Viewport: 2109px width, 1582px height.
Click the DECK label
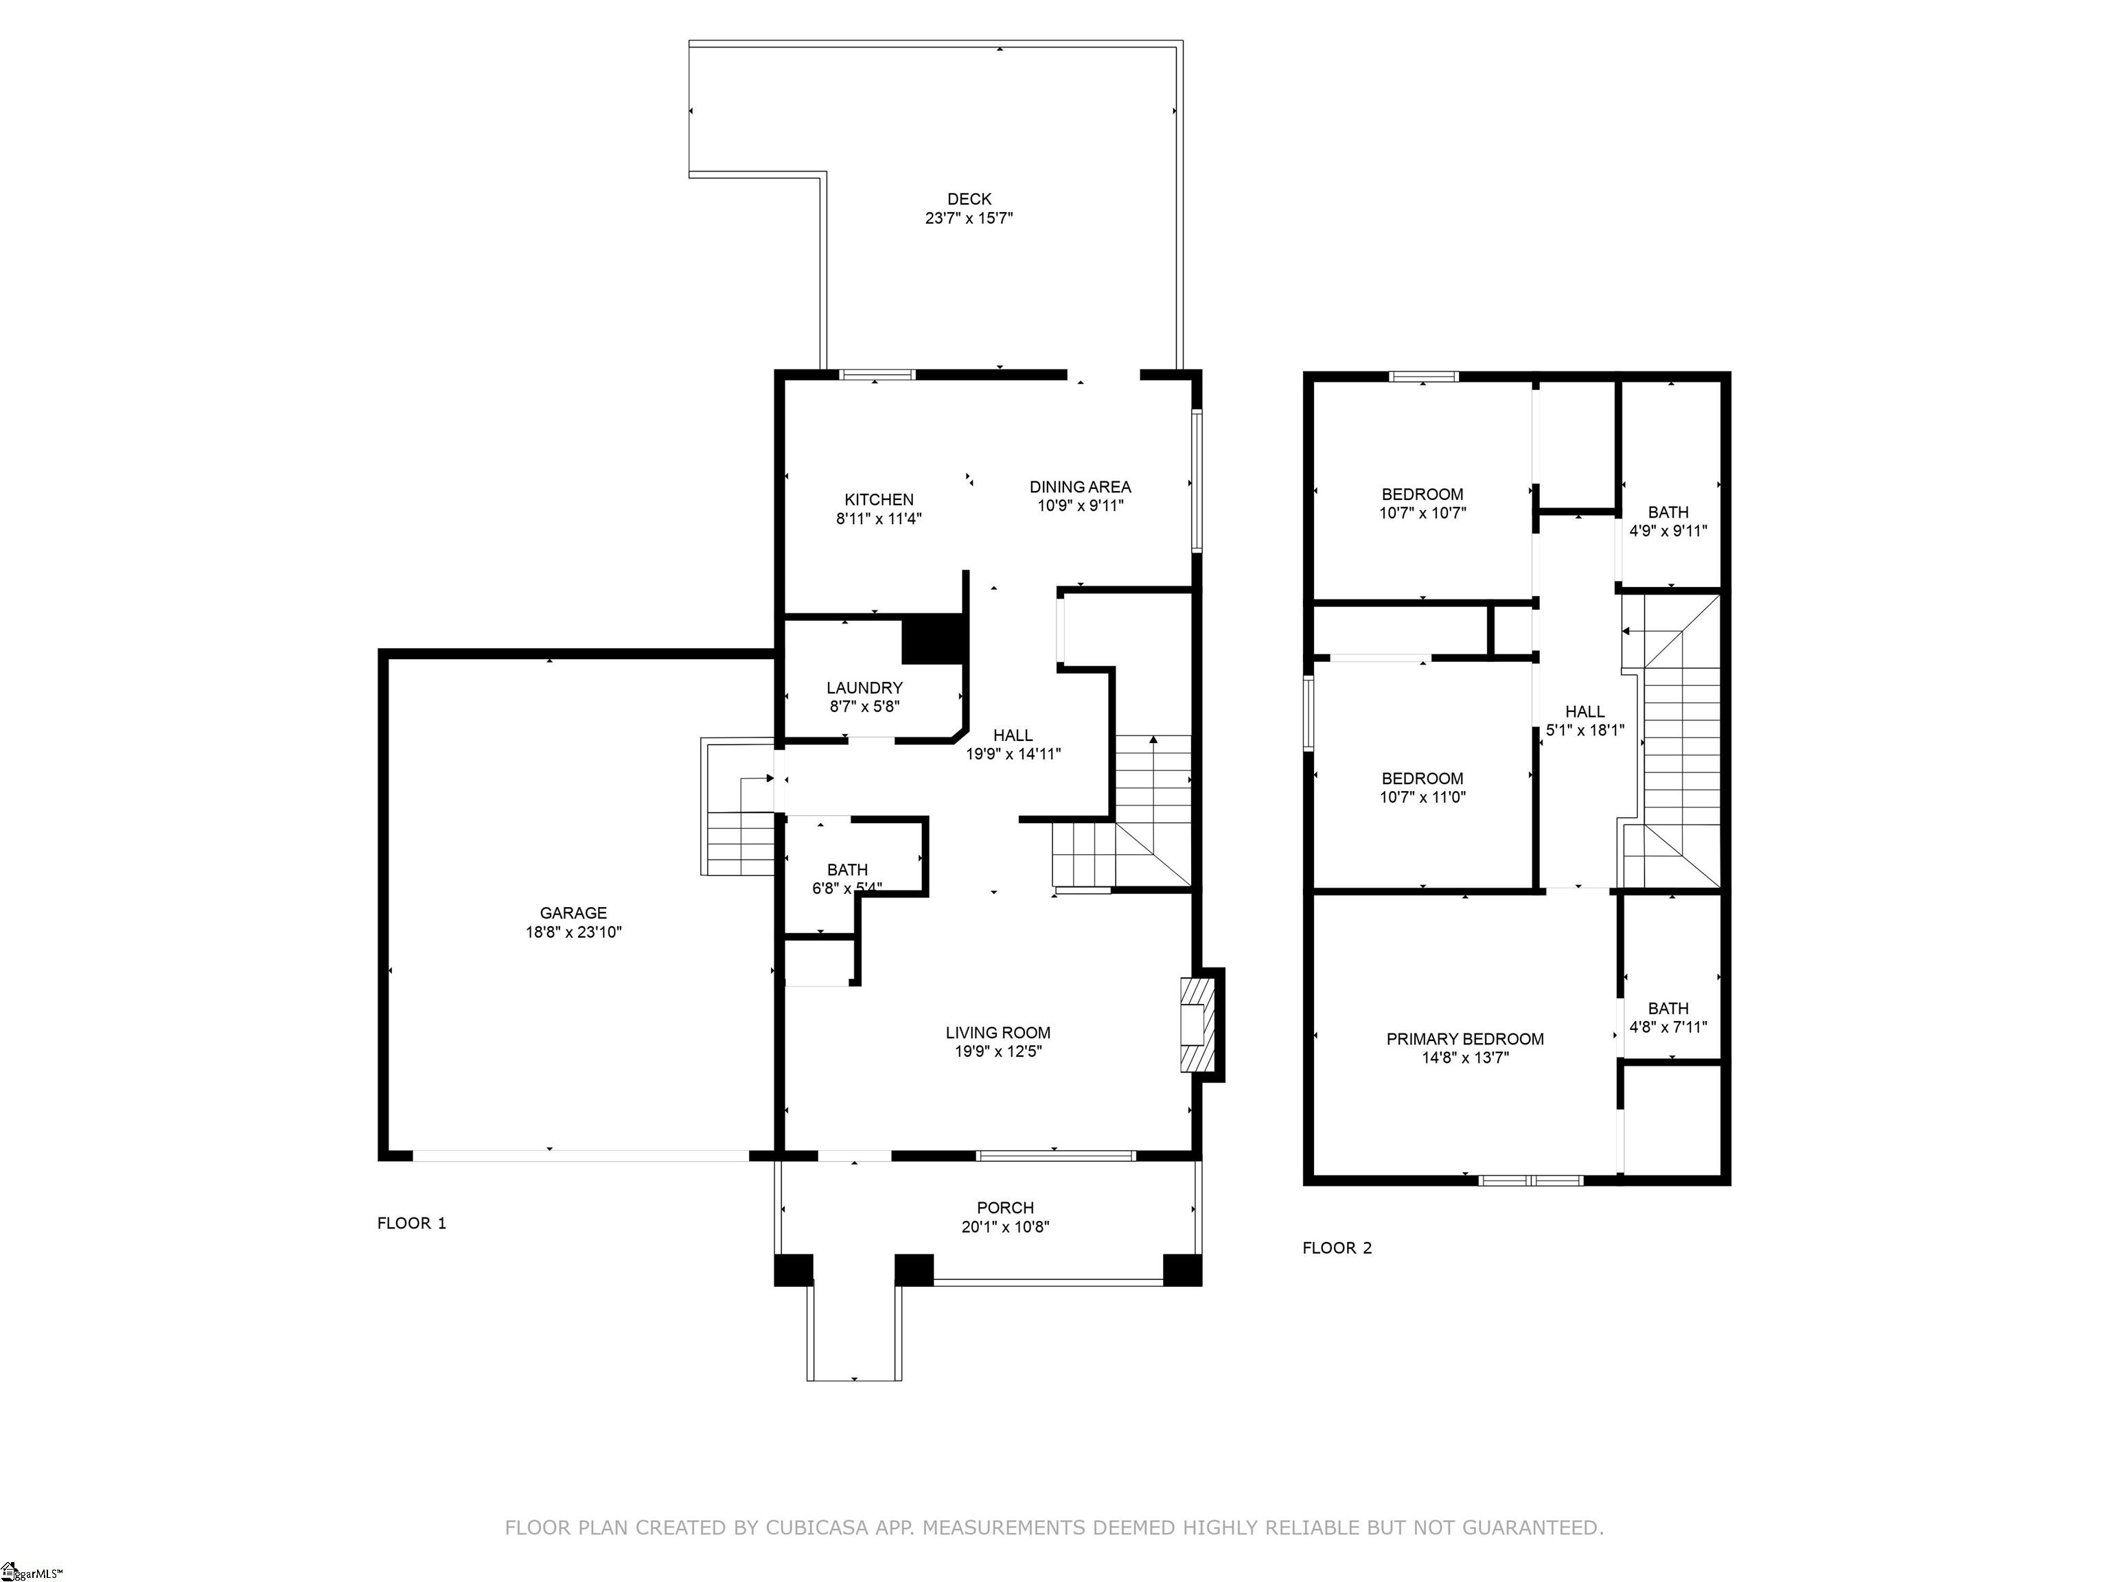[x=969, y=199]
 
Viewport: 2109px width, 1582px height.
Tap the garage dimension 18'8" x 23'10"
[x=573, y=932]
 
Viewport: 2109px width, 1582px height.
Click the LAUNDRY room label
[x=864, y=687]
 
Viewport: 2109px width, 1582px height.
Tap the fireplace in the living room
[x=1197, y=1025]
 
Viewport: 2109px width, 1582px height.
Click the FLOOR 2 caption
[x=1337, y=1248]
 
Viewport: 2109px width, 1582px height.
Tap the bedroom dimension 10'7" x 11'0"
[x=1422, y=797]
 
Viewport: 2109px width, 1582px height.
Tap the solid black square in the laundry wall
[x=932, y=639]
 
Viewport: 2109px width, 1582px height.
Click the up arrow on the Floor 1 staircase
[x=1153, y=740]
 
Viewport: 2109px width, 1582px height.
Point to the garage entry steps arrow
[x=768, y=778]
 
